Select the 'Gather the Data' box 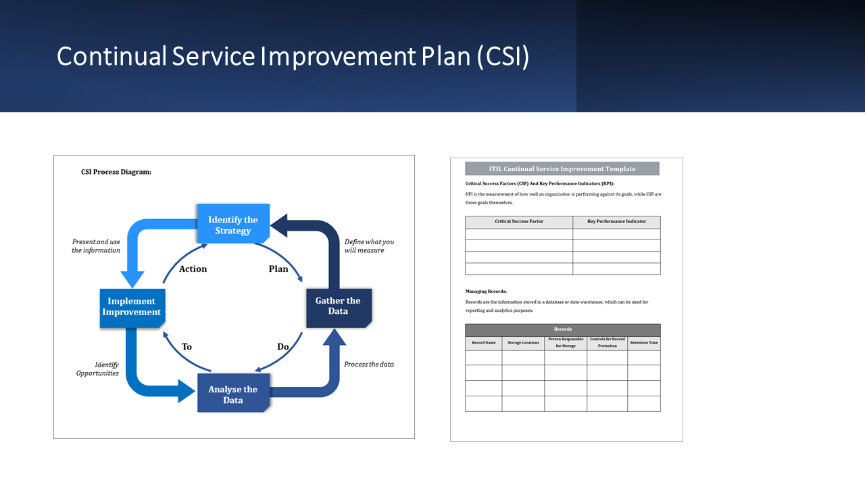(338, 306)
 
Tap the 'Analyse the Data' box (232, 394)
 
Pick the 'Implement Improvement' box (132, 307)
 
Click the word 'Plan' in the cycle (278, 269)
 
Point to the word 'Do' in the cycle (283, 347)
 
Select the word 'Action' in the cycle (193, 269)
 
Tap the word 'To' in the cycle (187, 347)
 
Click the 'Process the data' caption (369, 364)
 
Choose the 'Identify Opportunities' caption (98, 369)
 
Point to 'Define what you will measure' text (369, 246)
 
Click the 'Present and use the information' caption (96, 246)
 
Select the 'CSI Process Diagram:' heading (116, 172)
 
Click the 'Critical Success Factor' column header (519, 222)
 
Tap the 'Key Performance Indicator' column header (616, 222)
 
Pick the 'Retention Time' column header (644, 343)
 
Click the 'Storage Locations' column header (523, 343)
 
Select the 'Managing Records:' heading (486, 291)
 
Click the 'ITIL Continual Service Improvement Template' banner (562, 169)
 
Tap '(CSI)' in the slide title (503, 57)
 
